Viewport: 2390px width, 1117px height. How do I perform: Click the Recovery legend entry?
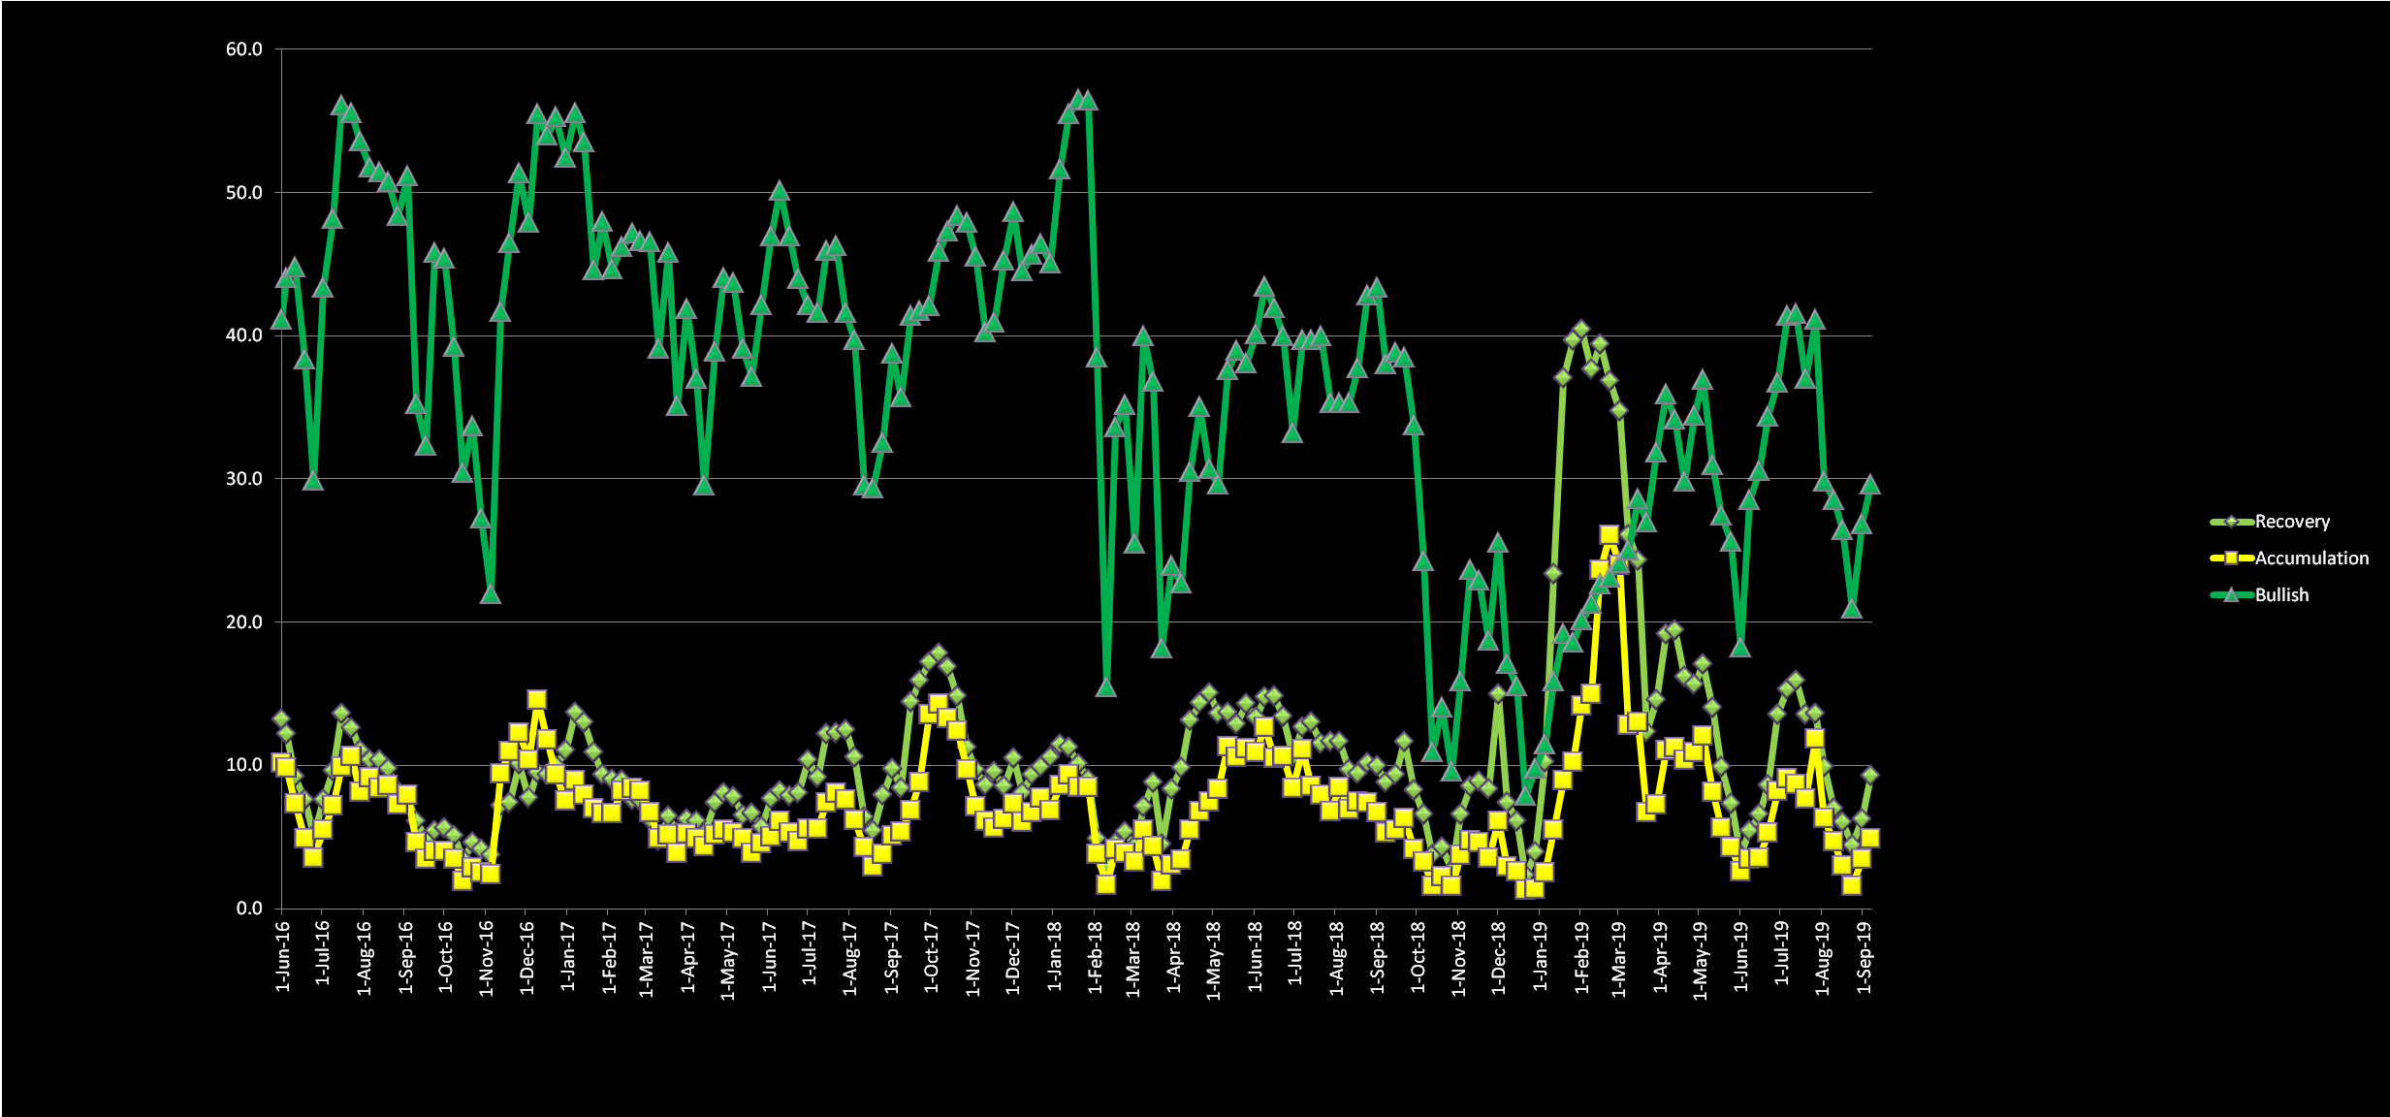[2291, 522]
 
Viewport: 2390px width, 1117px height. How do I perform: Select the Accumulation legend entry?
[2310, 558]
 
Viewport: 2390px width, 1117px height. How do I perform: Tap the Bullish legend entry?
[2281, 595]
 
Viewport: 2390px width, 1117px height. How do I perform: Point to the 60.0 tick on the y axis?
[244, 49]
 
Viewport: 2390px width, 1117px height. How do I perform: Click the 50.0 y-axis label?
[244, 193]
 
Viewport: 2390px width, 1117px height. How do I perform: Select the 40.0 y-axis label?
[244, 335]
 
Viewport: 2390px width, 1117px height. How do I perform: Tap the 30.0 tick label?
[244, 479]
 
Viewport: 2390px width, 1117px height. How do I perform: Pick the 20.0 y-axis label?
[244, 622]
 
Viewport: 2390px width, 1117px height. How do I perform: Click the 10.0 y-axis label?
[244, 765]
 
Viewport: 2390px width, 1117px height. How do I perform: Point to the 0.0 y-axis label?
[249, 909]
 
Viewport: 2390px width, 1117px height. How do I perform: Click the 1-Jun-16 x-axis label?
[283, 956]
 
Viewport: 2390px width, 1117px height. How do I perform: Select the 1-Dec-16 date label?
[527, 956]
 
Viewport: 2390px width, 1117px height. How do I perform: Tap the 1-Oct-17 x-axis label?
[932, 956]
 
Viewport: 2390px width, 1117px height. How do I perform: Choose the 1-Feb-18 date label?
[1096, 956]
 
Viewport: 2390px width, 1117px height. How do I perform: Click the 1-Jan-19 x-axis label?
[1541, 956]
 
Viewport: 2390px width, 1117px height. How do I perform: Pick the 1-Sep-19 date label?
[1864, 956]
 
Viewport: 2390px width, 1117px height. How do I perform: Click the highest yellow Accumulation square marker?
[1609, 535]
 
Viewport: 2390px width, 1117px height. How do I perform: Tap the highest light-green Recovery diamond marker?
[1581, 331]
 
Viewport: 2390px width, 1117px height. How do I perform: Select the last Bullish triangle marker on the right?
[1870, 485]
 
